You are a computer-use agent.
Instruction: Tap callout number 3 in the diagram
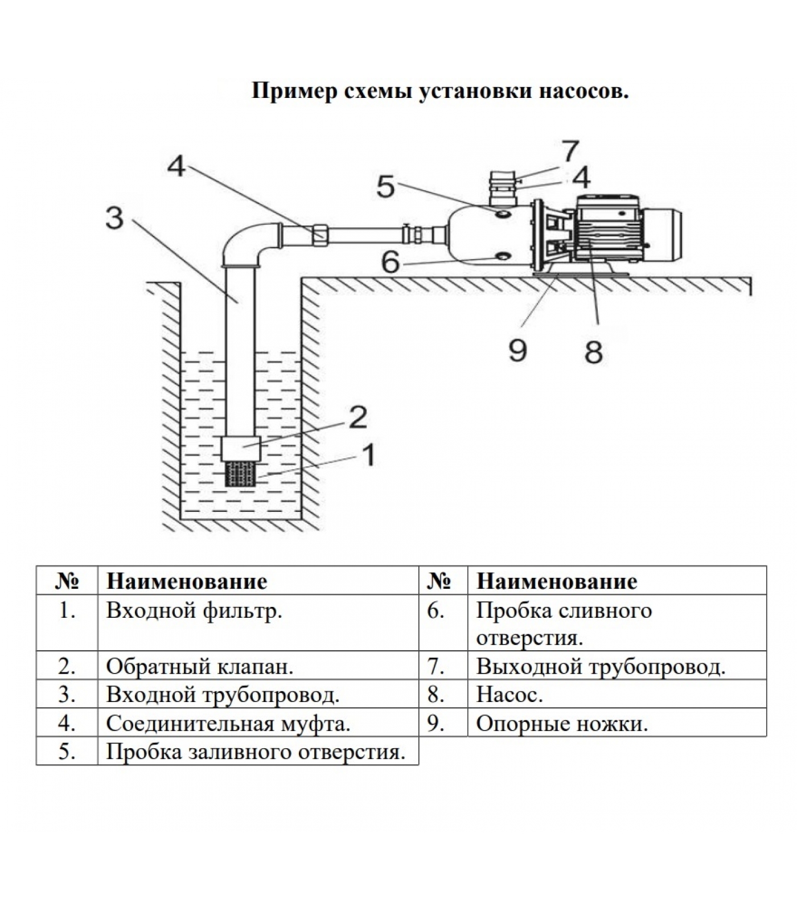click(x=114, y=218)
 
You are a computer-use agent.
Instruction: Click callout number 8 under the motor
click(x=593, y=352)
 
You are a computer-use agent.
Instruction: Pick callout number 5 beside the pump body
click(x=385, y=187)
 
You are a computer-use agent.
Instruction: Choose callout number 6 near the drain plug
click(x=390, y=262)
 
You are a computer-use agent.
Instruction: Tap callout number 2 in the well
click(x=358, y=417)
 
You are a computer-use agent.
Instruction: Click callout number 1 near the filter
click(x=369, y=455)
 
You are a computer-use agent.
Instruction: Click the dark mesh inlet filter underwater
click(x=241, y=474)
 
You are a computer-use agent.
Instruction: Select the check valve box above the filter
click(x=241, y=449)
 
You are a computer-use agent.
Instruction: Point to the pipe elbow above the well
click(x=245, y=242)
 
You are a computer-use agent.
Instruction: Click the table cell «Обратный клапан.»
click(x=200, y=666)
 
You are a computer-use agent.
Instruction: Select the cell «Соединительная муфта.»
click(x=228, y=723)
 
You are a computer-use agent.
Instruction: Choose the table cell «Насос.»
click(x=510, y=695)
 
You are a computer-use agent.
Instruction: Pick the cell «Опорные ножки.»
click(x=562, y=723)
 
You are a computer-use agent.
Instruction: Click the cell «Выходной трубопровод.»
click(x=601, y=666)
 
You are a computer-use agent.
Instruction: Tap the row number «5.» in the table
click(x=67, y=752)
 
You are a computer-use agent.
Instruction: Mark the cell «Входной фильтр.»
click(x=194, y=611)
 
